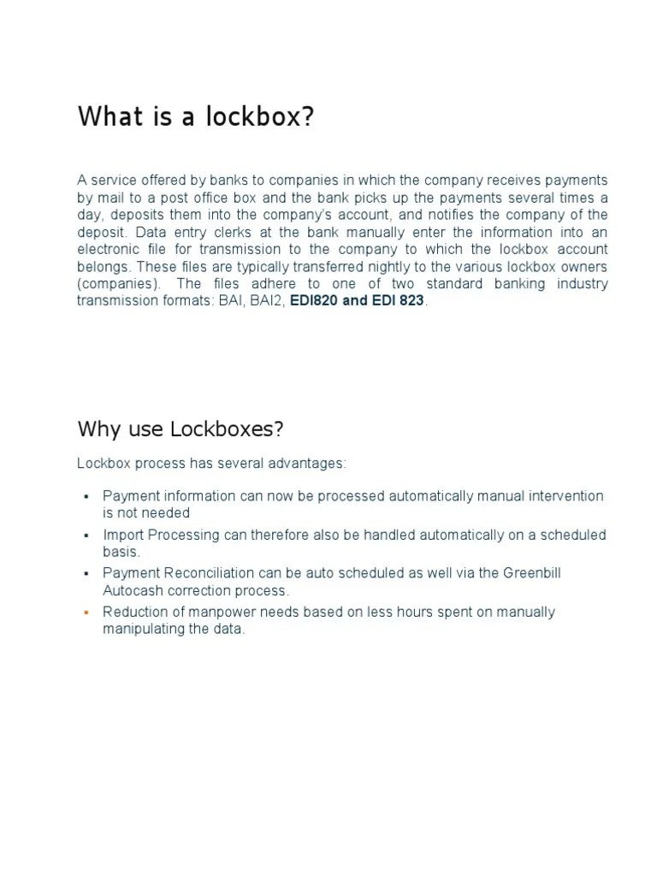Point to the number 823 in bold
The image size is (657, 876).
pos(410,301)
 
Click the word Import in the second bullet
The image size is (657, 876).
pos(123,535)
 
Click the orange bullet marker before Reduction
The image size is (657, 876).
pos(86,613)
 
